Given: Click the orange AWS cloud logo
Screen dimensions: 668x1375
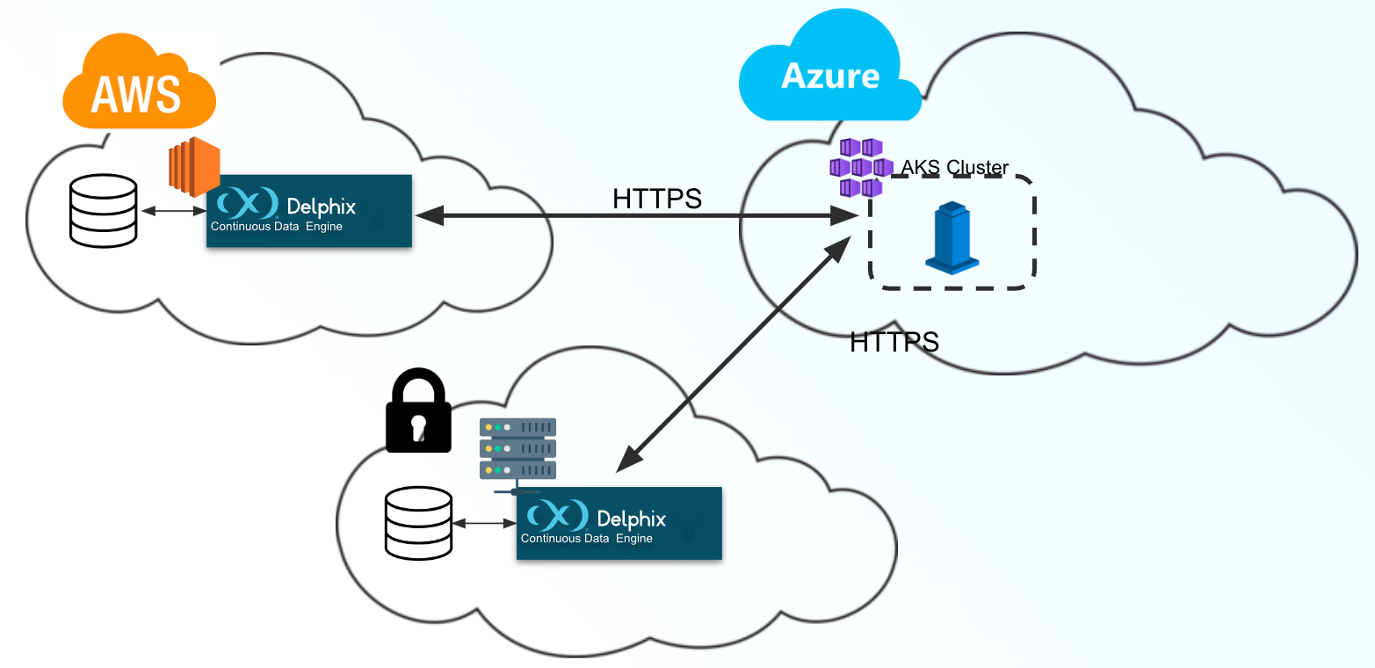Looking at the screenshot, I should pos(139,83).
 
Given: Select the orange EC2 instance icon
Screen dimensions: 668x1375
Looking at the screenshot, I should pos(194,167).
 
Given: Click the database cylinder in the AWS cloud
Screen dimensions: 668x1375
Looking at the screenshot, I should pos(104,210).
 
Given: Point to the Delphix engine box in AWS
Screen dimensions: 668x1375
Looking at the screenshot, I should pos(309,211).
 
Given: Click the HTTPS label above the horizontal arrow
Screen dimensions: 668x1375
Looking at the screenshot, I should pos(657,200).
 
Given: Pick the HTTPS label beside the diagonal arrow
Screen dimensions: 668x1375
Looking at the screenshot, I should pos(894,341).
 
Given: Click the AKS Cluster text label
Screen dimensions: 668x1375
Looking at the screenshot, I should pos(955,168).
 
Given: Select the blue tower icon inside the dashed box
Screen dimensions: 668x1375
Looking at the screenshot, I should pos(952,236).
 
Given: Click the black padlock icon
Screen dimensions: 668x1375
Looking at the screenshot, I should pos(418,410).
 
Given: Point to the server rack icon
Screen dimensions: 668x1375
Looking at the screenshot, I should pos(517,449).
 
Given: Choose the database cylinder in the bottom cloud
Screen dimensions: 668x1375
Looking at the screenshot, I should pos(418,523).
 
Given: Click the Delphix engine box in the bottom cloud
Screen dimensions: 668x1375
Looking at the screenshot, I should pos(619,523).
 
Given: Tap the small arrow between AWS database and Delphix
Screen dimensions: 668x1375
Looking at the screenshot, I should pos(173,211).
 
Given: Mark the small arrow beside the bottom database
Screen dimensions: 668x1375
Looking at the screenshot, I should pos(484,524).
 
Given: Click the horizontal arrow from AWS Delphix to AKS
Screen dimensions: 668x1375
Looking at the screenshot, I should pos(624,214).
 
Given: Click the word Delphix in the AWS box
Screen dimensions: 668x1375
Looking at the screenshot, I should pos(322,207).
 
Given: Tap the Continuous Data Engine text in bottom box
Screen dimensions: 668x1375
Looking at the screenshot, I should pos(587,538).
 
